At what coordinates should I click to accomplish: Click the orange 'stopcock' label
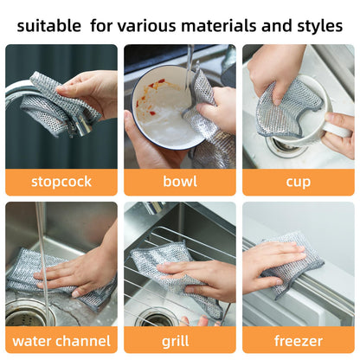(61, 182)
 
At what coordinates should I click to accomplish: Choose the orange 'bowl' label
(179, 182)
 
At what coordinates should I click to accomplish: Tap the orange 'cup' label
(298, 182)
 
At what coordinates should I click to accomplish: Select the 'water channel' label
(61, 340)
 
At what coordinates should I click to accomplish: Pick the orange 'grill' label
(179, 340)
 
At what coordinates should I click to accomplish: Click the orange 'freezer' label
(298, 340)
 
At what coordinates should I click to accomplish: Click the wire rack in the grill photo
(173, 242)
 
